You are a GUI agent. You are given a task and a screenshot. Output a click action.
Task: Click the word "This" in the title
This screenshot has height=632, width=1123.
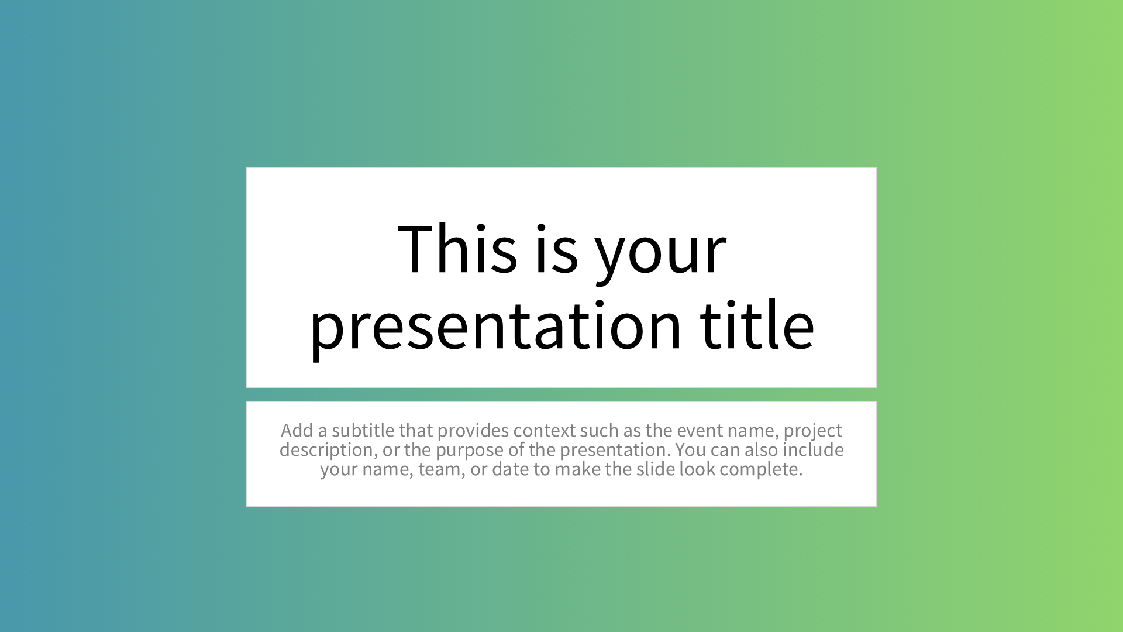click(457, 249)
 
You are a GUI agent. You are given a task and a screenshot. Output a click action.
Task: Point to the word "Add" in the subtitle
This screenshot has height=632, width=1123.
click(297, 430)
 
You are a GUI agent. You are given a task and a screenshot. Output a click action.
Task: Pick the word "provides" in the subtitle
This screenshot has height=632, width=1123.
click(473, 431)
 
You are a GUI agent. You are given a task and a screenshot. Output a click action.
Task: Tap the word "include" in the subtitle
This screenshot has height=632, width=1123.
click(813, 449)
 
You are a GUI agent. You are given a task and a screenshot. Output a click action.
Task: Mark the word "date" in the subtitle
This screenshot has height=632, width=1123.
click(511, 469)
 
